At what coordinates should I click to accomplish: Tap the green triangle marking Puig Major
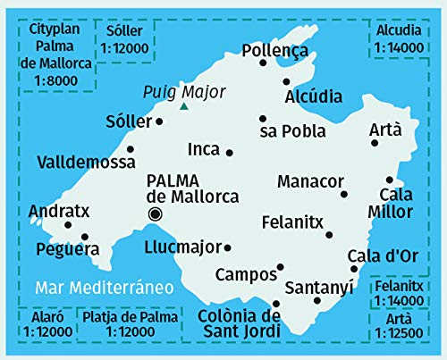[183, 106]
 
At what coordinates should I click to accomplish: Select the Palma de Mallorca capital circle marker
[155, 213]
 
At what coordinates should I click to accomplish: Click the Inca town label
[204, 150]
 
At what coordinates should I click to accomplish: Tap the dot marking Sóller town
[159, 121]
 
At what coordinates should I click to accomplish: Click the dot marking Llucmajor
[228, 247]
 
